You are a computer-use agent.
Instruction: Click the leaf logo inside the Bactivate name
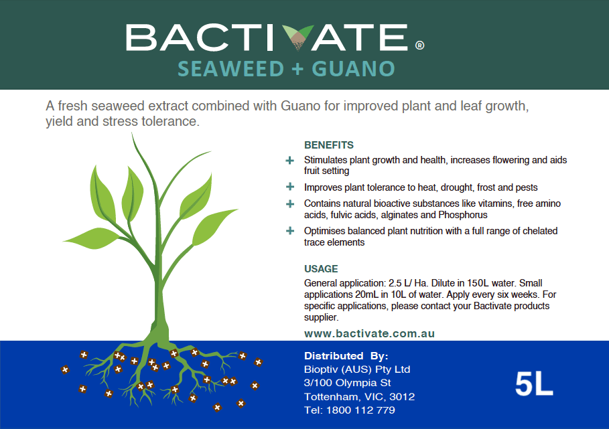[297, 37]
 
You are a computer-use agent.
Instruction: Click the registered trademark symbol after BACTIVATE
[419, 46]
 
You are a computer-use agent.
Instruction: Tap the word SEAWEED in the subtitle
[231, 69]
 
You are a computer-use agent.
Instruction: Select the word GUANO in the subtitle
[354, 69]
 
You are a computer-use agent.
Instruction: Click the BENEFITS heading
[328, 145]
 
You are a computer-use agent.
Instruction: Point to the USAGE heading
[321, 269]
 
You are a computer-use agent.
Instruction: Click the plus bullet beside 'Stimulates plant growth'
[289, 160]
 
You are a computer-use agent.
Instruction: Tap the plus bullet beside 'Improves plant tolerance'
[289, 187]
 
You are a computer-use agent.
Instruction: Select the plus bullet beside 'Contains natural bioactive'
[289, 203]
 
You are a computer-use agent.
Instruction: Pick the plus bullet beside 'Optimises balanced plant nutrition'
[289, 231]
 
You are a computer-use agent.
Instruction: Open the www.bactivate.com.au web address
[369, 333]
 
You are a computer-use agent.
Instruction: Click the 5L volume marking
[534, 384]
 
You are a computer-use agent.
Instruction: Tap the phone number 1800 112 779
[360, 410]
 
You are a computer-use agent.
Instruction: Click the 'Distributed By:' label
[346, 355]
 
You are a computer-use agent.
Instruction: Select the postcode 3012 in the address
[402, 396]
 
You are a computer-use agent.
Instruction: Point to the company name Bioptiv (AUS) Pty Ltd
[357, 369]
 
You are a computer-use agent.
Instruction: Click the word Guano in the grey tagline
[301, 106]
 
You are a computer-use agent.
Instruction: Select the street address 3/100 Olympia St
[347, 383]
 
